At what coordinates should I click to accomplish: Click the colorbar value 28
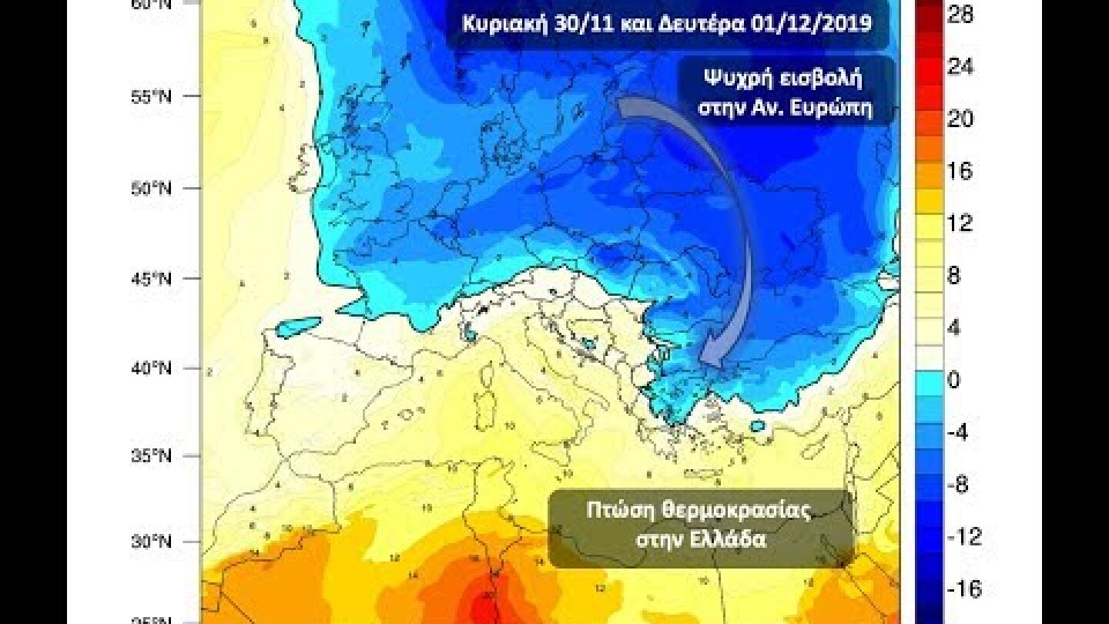[x=960, y=15]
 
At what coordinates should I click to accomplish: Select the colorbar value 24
[x=960, y=67]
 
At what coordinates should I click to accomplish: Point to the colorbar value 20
[x=960, y=119]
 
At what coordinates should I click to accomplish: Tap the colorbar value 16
[x=960, y=171]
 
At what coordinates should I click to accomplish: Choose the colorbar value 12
[x=960, y=223]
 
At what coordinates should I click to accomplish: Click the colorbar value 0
[x=954, y=380]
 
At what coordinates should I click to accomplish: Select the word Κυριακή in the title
[x=501, y=23]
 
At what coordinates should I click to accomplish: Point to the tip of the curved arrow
[x=706, y=364]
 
